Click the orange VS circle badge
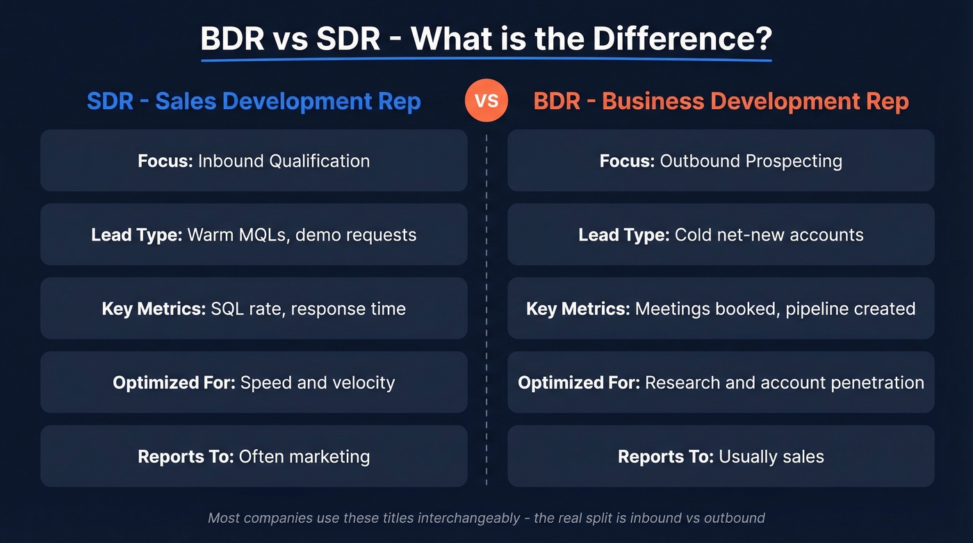pos(486,101)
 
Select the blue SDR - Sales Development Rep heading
pos(254,102)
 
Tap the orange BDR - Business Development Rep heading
pos(721,102)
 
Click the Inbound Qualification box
pos(254,161)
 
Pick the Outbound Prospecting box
pos(721,161)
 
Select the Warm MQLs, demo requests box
pos(254,234)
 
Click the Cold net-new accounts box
pos(721,234)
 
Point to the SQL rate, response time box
pos(254,308)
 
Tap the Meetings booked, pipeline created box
pos(721,308)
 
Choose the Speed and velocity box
pos(254,382)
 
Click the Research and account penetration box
pos(721,382)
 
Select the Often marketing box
pos(254,456)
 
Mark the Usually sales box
pos(721,456)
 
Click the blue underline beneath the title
pos(486,60)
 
